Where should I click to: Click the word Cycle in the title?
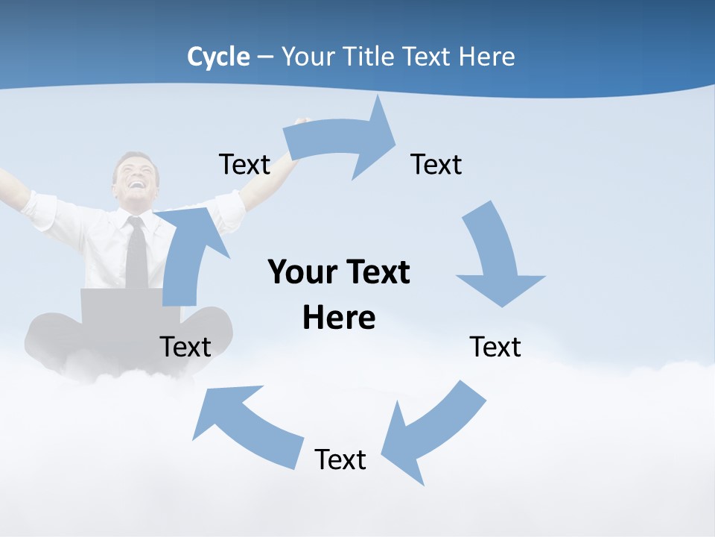pos(218,57)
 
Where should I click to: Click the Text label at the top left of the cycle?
pos(244,165)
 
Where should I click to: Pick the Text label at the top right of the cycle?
pos(436,165)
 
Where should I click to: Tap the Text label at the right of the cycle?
pos(495,347)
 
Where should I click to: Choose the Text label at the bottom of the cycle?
pos(340,459)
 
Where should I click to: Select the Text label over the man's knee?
pos(185,347)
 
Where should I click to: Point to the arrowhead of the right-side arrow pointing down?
pos(501,287)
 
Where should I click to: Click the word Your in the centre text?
pos(297,272)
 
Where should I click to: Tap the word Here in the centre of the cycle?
pos(339,318)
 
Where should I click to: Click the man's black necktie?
pos(136,254)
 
